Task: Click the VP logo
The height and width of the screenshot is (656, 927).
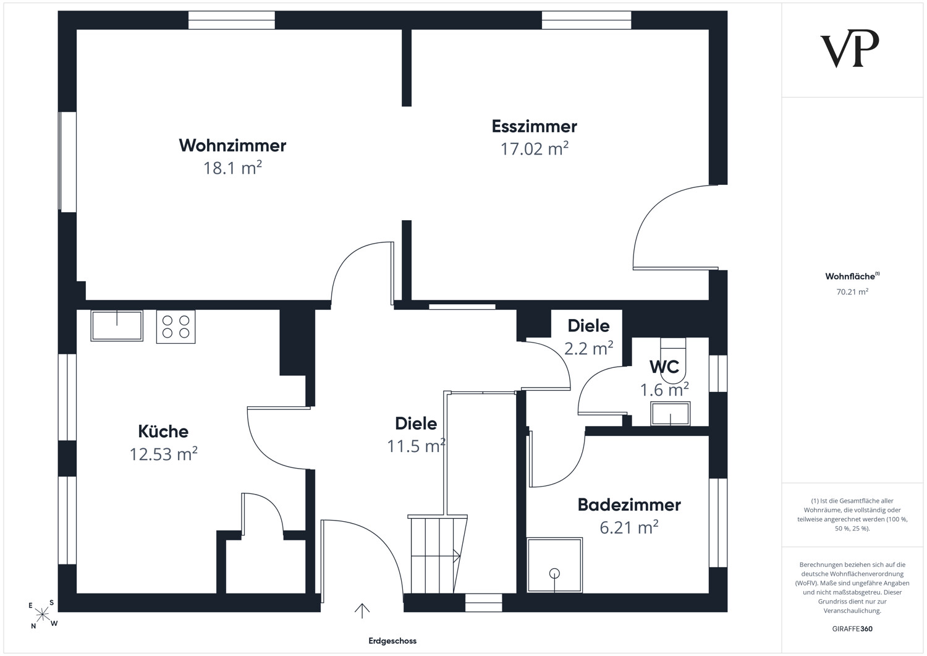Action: coord(849,48)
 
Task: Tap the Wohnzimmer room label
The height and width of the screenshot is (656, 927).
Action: coord(232,145)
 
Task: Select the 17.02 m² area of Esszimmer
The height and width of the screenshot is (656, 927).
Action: coord(535,148)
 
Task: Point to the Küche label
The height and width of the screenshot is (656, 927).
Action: coord(163,432)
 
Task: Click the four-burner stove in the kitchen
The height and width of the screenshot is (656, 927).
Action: coord(176,326)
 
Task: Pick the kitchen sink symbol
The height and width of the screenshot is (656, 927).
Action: coord(117,325)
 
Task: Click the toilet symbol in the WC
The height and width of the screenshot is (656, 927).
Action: coord(673,360)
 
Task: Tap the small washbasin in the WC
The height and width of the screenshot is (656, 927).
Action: coord(671,413)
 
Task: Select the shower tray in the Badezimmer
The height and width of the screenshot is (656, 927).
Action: coord(554,565)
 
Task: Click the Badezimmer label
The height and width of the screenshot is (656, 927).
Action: coord(629,505)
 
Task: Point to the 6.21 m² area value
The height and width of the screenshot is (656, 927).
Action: coord(629,527)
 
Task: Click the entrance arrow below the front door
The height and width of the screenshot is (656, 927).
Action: coord(362,610)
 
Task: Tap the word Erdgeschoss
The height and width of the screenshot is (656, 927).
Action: coord(392,641)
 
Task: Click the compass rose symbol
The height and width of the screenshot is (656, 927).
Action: coord(42,614)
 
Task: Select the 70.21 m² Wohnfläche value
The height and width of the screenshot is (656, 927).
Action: coord(852,292)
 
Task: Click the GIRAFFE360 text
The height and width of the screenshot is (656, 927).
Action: coord(852,629)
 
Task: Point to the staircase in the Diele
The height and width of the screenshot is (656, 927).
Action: coord(438,555)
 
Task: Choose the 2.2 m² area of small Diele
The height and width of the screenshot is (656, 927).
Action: coord(588,349)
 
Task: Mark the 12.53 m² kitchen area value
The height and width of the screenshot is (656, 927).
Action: coord(163,454)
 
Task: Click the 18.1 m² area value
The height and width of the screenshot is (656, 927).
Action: coord(232,168)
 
